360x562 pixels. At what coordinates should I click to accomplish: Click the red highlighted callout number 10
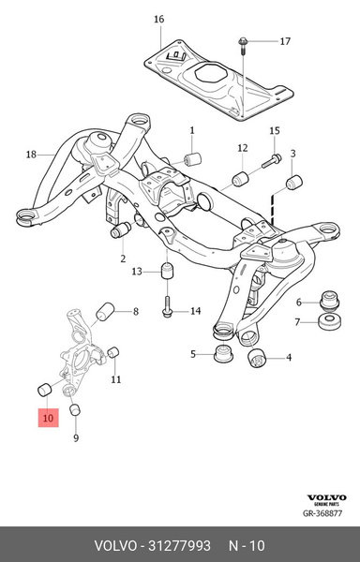point(48,418)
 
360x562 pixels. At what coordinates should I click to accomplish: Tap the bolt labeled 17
point(243,46)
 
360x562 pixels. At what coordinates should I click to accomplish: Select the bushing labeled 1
point(192,159)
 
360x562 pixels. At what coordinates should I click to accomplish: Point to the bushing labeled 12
point(241,179)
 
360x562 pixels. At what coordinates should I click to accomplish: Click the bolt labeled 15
point(272,161)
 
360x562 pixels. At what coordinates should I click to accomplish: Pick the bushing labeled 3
point(294,182)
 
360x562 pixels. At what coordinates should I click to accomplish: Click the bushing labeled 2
point(121,229)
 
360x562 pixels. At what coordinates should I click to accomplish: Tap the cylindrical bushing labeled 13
point(167,271)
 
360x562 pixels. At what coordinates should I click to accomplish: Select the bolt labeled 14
point(167,306)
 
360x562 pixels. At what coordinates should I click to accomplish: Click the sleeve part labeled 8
point(105,312)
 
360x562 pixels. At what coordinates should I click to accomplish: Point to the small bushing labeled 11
point(113,352)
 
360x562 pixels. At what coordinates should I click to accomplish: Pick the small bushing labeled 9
point(75,409)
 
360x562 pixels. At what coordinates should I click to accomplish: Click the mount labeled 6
point(329,301)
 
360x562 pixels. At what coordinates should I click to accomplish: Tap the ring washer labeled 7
point(329,321)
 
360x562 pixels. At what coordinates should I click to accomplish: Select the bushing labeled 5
point(223,354)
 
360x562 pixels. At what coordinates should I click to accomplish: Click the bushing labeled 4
point(256,359)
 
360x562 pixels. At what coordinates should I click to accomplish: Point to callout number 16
point(158,20)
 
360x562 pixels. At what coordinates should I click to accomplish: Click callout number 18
point(31,155)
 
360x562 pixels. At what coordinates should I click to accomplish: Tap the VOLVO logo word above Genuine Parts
point(326,497)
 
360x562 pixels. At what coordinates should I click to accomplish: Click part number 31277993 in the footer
point(180,546)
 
